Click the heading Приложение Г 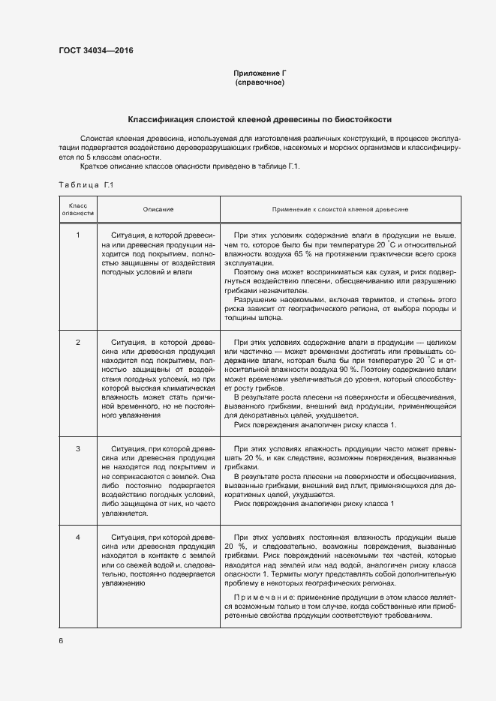[x=260, y=73]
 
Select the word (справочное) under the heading [x=260, y=82]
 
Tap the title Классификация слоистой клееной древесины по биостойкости [x=260, y=119]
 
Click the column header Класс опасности [x=78, y=208]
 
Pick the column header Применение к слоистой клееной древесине [x=340, y=209]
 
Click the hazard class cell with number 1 [x=78, y=235]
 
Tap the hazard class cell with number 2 [x=78, y=342]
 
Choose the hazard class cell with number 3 [x=78, y=448]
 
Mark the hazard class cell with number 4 [x=78, y=538]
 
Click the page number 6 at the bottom [x=61, y=640]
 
